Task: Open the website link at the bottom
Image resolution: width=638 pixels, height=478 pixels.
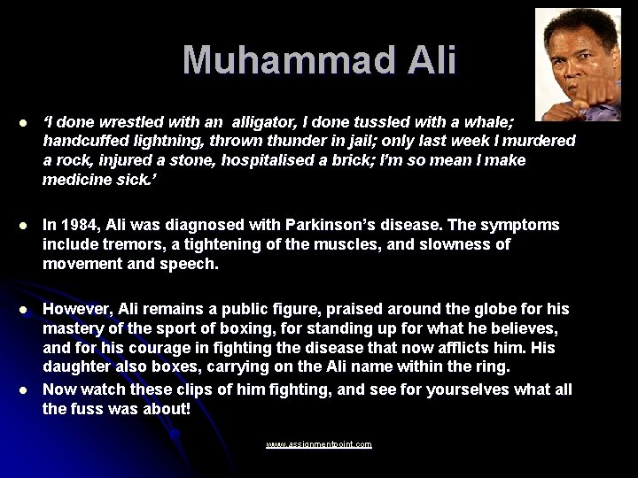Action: (x=318, y=444)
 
